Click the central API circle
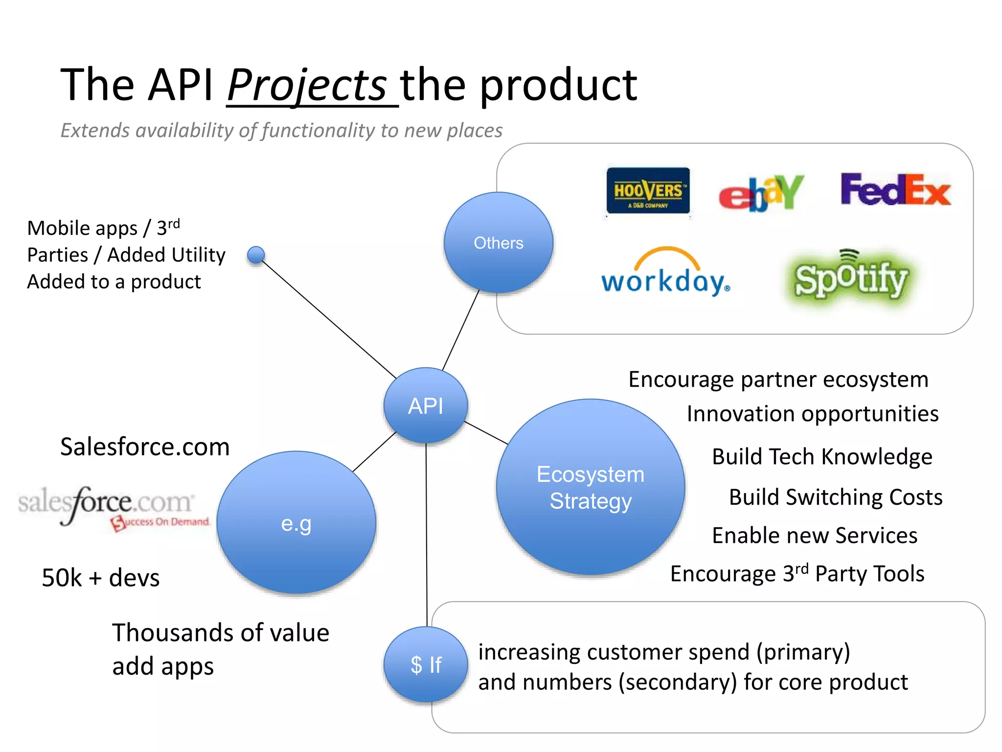(x=426, y=405)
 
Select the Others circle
(x=498, y=243)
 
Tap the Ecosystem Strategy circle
(x=590, y=487)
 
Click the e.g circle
(x=296, y=523)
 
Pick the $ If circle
(x=426, y=664)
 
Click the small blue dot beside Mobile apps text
(x=256, y=255)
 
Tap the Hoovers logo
(x=648, y=191)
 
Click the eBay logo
(x=761, y=192)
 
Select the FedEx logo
(x=895, y=189)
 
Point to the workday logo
(x=665, y=274)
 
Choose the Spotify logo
(x=850, y=278)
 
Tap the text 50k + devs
(x=101, y=578)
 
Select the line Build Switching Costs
(x=835, y=497)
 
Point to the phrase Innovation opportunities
(x=812, y=414)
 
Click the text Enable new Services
(x=815, y=535)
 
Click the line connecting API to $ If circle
(x=426, y=534)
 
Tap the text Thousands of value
(x=221, y=633)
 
